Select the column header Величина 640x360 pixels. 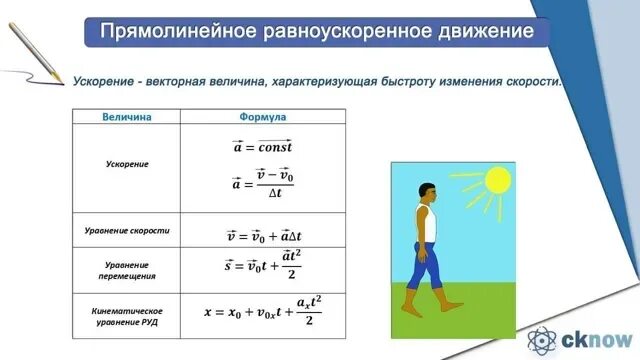click(127, 117)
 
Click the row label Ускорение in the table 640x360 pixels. click(127, 164)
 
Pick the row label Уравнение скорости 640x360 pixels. click(127, 231)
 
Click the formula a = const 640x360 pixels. click(262, 146)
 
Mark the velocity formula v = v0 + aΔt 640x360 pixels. click(262, 237)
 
